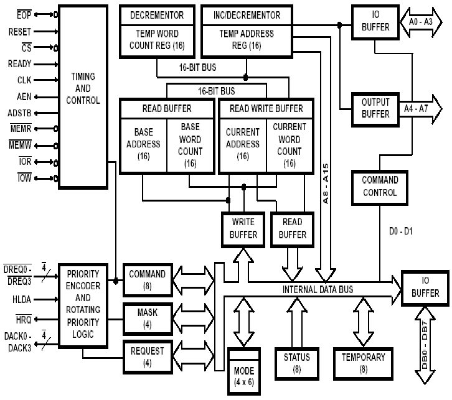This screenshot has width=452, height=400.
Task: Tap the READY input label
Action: pos(20,63)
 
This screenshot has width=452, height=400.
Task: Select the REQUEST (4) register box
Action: pos(147,356)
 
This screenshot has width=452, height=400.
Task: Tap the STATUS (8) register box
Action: pos(296,363)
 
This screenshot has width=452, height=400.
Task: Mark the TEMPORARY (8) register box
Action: pos(363,363)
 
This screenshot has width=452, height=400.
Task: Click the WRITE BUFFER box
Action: pos(243,228)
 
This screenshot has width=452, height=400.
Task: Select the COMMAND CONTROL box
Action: pos(380,186)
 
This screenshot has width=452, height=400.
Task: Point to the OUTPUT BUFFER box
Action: pos(375,108)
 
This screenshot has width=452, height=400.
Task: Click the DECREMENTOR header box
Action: pos(157,14)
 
